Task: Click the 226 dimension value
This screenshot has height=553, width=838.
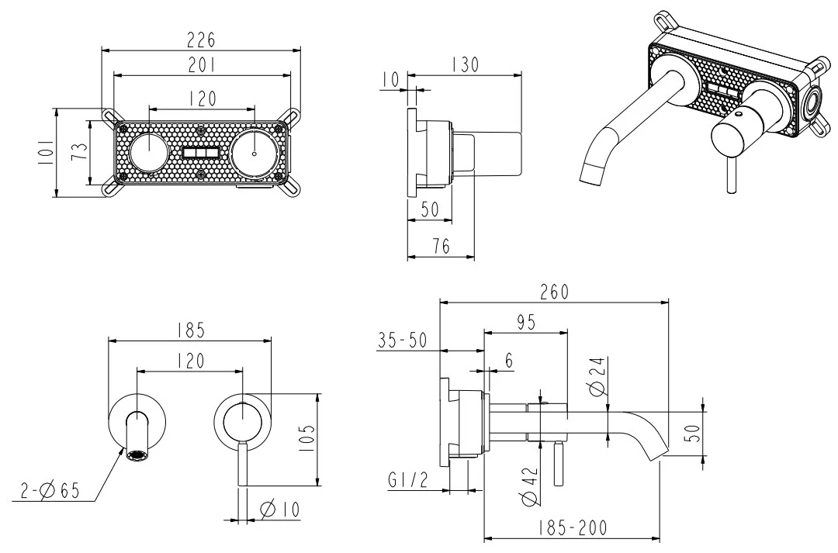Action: tap(201, 40)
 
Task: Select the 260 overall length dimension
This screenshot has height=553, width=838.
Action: tap(554, 292)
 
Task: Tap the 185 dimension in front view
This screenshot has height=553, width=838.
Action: tap(189, 330)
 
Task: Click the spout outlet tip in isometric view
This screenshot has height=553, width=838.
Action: tap(593, 174)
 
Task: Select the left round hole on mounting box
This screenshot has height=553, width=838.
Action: tap(147, 151)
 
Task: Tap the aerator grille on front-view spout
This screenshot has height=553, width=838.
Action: tap(138, 456)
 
